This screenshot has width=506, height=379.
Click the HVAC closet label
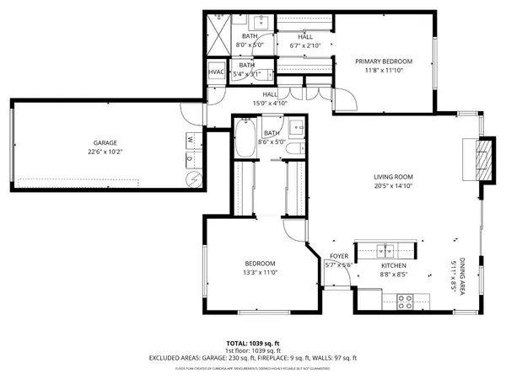(x=216, y=72)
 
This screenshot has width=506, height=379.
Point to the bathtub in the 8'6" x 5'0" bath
(x=245, y=140)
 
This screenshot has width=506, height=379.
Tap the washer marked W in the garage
(x=190, y=138)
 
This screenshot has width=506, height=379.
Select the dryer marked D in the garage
(x=190, y=157)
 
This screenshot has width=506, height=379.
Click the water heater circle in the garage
(x=192, y=179)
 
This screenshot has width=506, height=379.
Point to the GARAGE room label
(x=105, y=143)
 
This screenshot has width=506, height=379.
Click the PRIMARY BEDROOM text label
(x=383, y=61)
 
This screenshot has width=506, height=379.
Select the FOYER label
(x=338, y=255)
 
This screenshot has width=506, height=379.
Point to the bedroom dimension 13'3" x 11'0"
(x=261, y=272)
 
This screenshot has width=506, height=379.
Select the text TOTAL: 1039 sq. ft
(x=252, y=344)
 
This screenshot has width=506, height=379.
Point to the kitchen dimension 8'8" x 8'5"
(x=393, y=273)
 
